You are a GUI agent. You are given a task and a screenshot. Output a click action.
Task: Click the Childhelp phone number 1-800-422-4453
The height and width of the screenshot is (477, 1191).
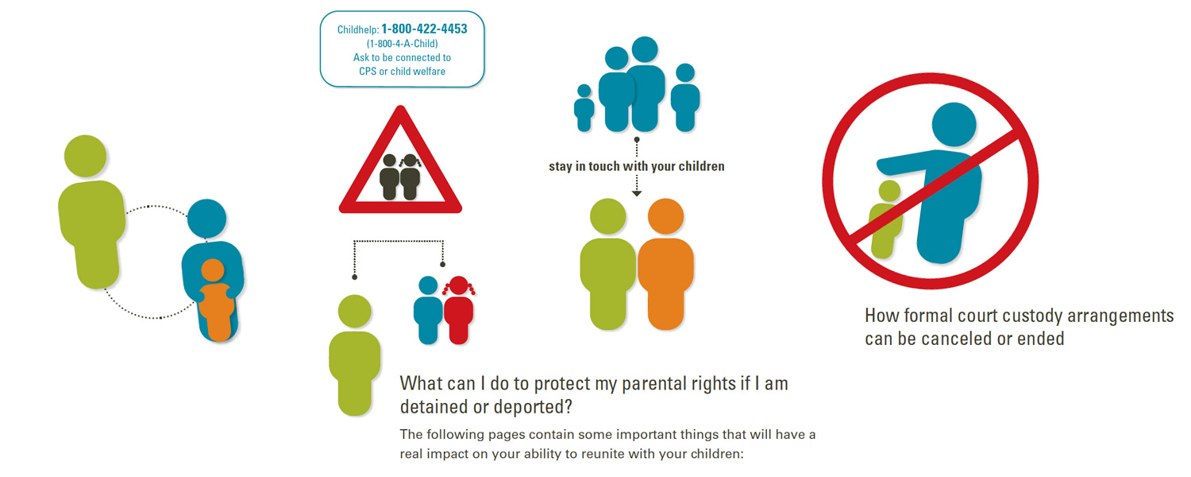424,29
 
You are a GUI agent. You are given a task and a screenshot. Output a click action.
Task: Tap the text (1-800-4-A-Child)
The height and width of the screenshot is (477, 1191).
402,44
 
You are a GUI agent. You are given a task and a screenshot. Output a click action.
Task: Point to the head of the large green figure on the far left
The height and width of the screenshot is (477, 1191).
85,156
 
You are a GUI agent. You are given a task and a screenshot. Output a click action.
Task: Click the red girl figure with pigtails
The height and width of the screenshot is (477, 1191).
458,310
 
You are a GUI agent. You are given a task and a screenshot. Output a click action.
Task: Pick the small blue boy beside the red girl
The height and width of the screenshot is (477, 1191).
428,310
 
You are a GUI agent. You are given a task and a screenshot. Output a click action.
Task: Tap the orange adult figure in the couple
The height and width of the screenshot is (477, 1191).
665,264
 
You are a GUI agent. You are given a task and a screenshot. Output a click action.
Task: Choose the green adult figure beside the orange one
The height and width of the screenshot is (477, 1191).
607,264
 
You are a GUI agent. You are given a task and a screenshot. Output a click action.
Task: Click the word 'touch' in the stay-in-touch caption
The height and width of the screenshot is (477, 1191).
604,166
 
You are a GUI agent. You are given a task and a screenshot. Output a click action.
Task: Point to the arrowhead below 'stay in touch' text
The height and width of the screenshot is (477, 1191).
637,194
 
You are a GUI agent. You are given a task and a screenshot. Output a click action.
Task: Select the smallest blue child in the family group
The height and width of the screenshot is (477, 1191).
584,107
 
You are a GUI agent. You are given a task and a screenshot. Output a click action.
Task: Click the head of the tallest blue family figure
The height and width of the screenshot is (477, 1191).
645,49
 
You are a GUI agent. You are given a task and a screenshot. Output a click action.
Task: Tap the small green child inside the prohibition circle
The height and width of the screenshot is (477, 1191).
885,219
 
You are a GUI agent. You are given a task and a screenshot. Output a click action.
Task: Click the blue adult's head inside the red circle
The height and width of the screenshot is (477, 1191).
954,125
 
